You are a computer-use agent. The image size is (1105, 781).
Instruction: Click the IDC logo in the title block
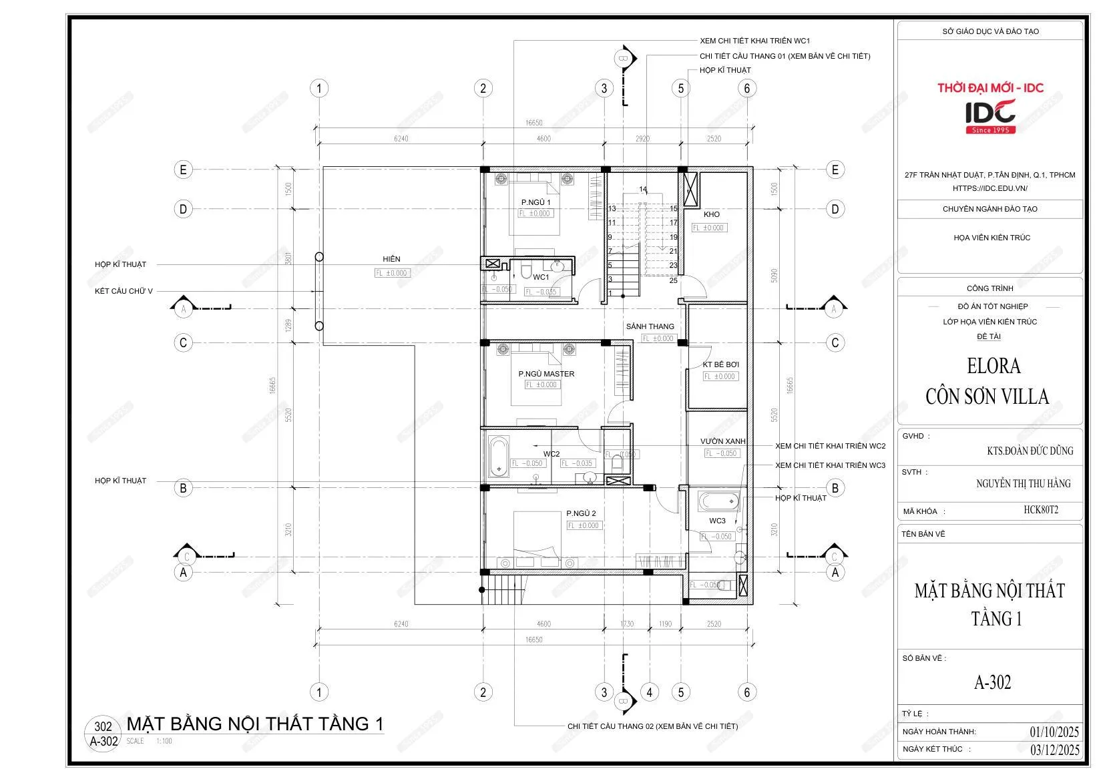click(990, 115)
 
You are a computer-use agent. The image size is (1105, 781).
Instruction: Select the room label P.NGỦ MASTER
click(546, 374)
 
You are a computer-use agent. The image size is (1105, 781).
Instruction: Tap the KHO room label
click(712, 214)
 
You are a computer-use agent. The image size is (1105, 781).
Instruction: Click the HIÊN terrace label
click(391, 259)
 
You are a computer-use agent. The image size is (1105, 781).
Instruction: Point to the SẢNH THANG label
click(650, 326)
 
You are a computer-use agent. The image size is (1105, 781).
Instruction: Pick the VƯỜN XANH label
click(722, 441)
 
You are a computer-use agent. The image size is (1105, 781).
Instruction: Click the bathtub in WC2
click(498, 457)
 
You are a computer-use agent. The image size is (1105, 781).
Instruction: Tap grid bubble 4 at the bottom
click(649, 692)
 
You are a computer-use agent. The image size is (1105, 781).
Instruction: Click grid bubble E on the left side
click(183, 170)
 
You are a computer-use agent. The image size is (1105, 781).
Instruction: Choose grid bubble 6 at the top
click(746, 88)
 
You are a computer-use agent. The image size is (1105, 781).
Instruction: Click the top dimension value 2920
click(642, 139)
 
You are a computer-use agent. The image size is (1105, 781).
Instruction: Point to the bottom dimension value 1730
click(626, 624)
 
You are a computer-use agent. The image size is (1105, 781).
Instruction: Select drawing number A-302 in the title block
click(992, 682)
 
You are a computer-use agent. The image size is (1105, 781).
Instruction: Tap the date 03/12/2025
click(1054, 749)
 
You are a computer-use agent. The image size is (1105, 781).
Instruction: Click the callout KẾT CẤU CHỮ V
click(124, 291)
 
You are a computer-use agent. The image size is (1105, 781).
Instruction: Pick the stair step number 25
click(673, 280)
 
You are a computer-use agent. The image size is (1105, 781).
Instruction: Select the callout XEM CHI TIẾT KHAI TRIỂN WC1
click(754, 41)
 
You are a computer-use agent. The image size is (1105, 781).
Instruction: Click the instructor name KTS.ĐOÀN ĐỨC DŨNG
click(1030, 451)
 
